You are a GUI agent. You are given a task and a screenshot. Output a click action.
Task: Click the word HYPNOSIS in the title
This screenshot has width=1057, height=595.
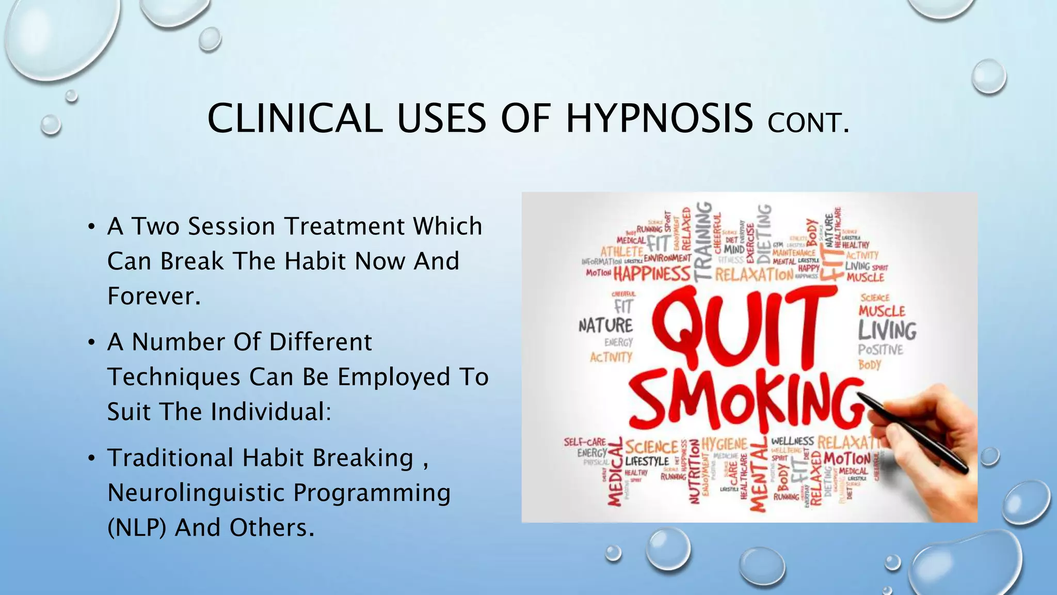pyautogui.click(x=659, y=119)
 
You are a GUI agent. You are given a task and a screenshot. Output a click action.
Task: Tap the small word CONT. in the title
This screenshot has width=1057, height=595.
pyautogui.click(x=808, y=123)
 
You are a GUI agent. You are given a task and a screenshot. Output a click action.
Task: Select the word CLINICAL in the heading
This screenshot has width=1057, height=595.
pyautogui.click(x=295, y=119)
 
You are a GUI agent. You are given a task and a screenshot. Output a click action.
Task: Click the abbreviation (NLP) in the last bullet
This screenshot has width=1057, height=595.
pyautogui.click(x=137, y=528)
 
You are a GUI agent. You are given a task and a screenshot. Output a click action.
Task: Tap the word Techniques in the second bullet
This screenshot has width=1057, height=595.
pyautogui.click(x=174, y=377)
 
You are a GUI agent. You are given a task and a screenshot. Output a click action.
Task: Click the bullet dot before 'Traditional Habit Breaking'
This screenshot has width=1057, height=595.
pyautogui.click(x=91, y=458)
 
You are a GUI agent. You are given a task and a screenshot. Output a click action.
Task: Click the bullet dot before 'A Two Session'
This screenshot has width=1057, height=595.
pyautogui.click(x=91, y=227)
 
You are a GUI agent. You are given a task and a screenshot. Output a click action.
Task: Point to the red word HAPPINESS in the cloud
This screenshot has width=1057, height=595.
pyautogui.click(x=651, y=273)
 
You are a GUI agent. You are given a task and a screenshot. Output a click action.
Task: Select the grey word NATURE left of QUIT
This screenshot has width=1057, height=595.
pyautogui.click(x=605, y=326)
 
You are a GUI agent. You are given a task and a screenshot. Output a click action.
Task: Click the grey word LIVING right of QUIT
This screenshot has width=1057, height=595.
pyautogui.click(x=887, y=331)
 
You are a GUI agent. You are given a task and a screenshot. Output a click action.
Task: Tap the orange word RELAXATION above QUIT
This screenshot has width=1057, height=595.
pyautogui.click(x=754, y=274)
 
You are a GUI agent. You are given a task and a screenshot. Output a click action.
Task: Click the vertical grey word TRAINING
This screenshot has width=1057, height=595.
pyautogui.click(x=702, y=241)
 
